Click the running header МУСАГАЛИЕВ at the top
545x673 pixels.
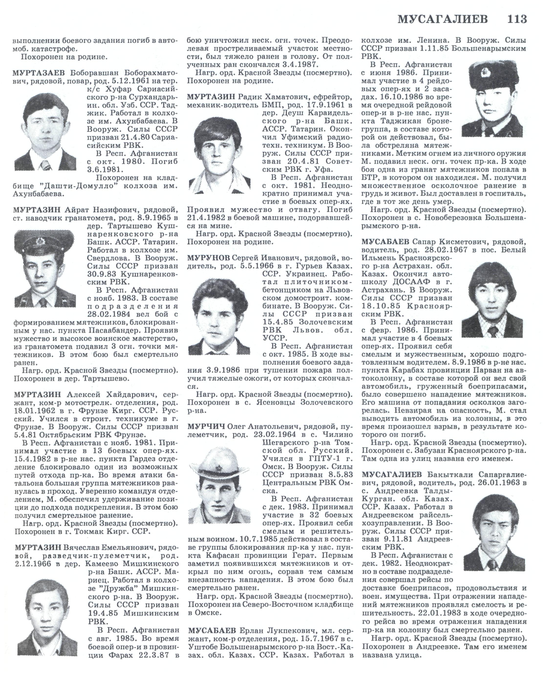pyautogui.click(x=442, y=20)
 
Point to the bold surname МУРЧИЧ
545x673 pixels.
pyautogui.click(x=206, y=427)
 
